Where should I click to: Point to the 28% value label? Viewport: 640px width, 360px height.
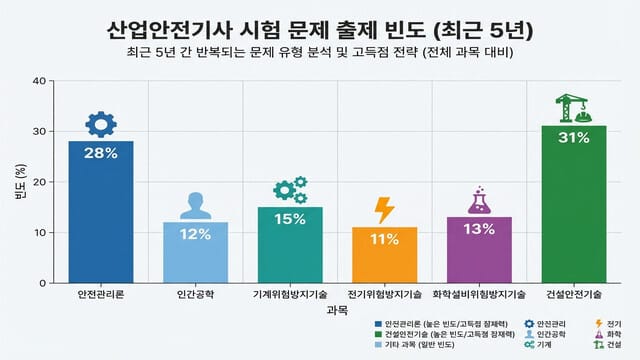[100, 153]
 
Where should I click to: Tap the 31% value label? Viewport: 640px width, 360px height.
[573, 138]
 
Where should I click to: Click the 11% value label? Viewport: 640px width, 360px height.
[384, 240]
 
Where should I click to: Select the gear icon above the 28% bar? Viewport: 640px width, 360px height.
[100, 124]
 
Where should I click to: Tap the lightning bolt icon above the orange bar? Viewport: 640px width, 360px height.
[384, 210]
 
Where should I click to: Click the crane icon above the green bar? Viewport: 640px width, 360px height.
[573, 108]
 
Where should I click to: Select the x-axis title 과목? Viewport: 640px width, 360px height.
[336, 311]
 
